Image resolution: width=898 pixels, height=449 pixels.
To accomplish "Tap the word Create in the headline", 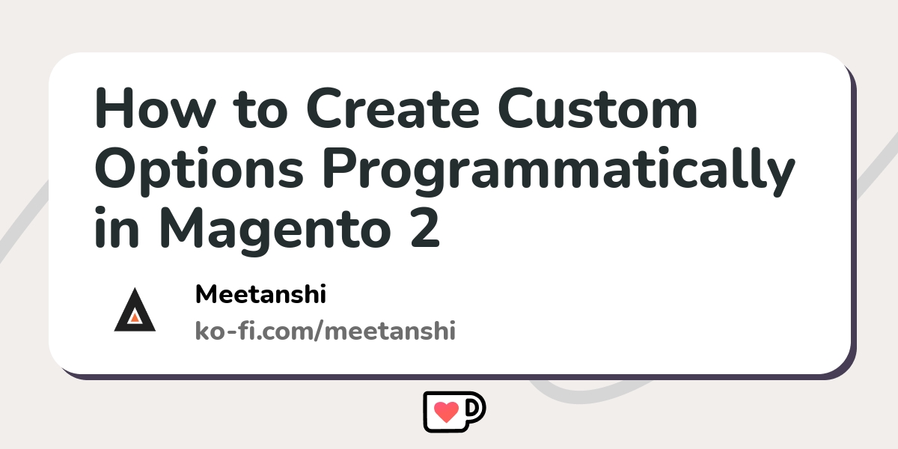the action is pos(393,109).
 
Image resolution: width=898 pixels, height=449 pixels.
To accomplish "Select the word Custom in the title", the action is pos(598,109).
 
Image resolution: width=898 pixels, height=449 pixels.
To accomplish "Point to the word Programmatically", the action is pos(559,171).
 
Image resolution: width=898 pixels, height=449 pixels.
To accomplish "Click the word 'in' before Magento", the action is pos(117,227).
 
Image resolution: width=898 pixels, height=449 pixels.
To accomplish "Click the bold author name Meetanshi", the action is pos(260,294).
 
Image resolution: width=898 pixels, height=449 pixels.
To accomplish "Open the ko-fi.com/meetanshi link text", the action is pos(325,331).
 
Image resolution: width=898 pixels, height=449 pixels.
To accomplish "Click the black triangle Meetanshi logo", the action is pos(135,310).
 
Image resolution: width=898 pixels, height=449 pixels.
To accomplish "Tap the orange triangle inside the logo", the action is pos(135,318).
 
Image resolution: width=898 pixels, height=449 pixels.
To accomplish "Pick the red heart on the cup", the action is pos(447,412).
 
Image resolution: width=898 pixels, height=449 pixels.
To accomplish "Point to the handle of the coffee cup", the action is pos(476,409).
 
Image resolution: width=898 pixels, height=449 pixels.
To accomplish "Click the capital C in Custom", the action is pos(516,109).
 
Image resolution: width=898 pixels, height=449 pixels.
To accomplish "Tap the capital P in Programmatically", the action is pos(340,168).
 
